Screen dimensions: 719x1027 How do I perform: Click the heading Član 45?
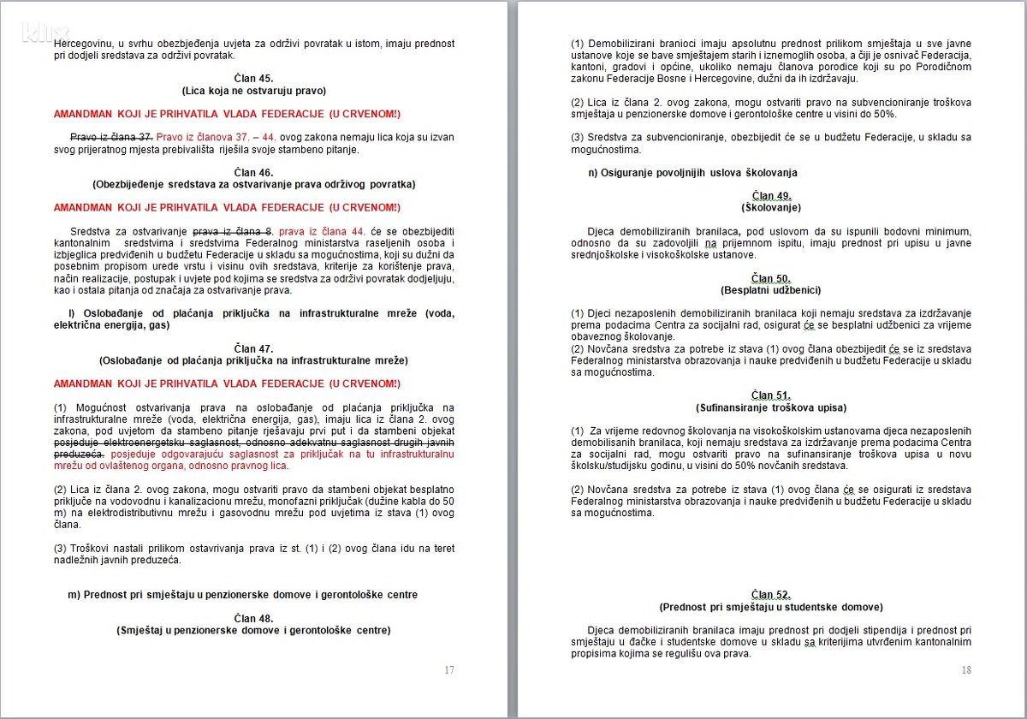[x=253, y=78]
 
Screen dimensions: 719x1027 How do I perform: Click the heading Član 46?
[x=253, y=172]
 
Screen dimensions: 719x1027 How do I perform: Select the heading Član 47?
[x=253, y=348]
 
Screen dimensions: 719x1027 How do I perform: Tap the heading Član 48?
[x=253, y=618]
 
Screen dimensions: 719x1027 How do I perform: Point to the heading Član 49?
[x=771, y=196]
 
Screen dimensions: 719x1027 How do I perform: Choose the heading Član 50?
[x=771, y=279]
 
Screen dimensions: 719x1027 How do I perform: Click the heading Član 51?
[x=771, y=395]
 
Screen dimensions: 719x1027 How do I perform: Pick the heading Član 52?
[x=771, y=595]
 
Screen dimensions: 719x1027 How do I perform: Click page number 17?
[x=449, y=670]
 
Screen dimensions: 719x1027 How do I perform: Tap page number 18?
[x=966, y=670]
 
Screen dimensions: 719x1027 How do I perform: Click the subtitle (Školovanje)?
[x=771, y=207]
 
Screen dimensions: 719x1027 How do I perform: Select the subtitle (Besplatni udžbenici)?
[x=771, y=291]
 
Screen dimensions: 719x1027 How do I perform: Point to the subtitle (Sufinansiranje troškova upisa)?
[x=771, y=407]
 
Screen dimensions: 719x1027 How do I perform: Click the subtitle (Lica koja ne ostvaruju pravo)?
[x=253, y=90]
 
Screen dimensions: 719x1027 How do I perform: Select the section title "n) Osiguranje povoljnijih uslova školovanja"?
[x=693, y=173]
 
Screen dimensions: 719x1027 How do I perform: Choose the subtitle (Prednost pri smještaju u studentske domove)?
[x=771, y=607]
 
